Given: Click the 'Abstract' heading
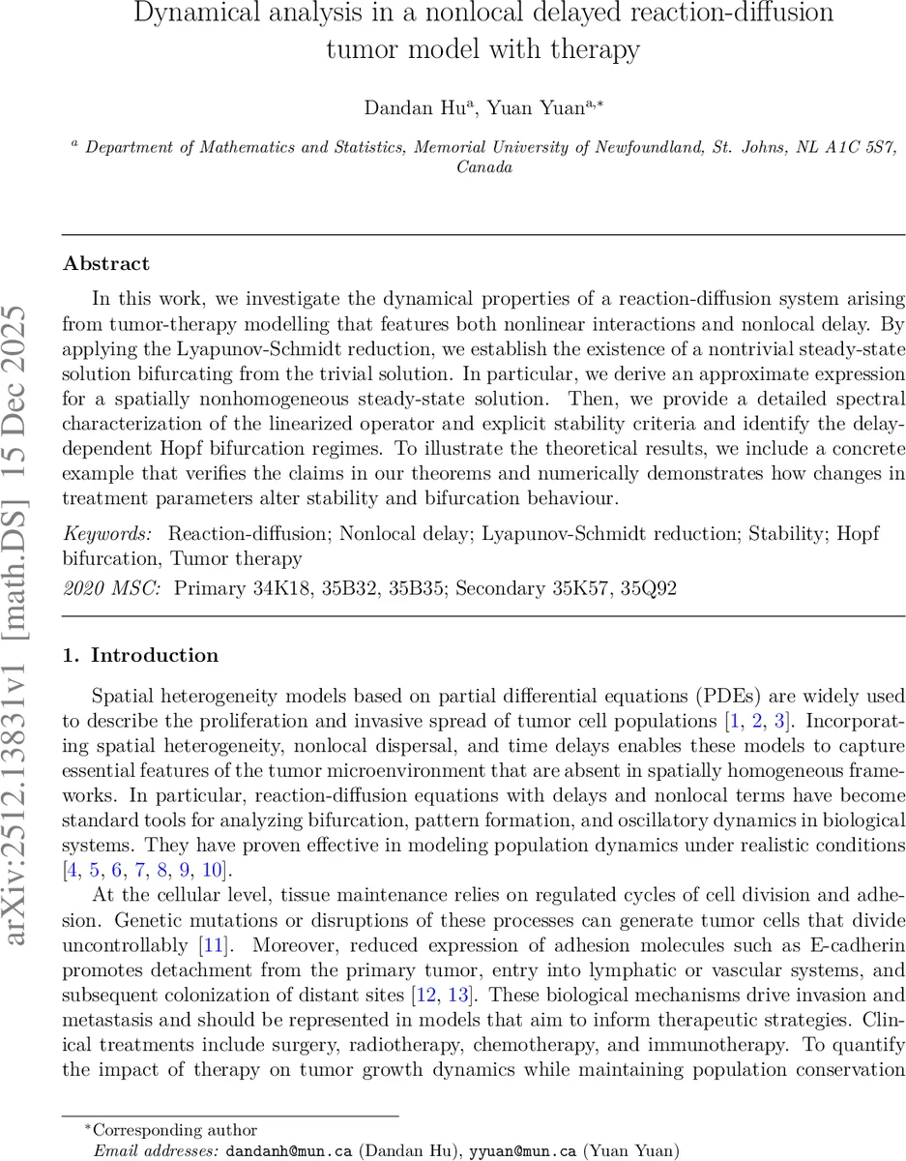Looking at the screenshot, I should coord(105,263).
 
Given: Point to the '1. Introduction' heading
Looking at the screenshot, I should coord(140,655).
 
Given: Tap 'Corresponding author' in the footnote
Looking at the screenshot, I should coord(177,1129).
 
